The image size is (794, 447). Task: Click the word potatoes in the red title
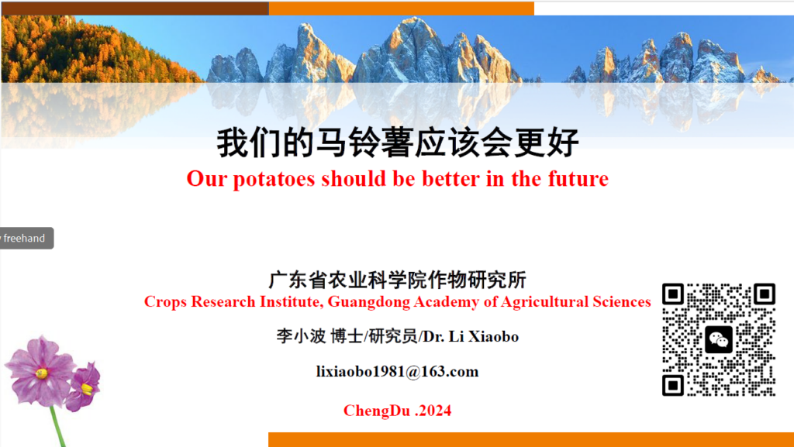[x=274, y=179]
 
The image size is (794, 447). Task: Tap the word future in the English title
[x=578, y=178]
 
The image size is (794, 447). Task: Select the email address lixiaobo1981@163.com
[x=398, y=372]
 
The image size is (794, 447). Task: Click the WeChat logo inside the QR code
[x=719, y=339]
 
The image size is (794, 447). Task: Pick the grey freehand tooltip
[x=26, y=238]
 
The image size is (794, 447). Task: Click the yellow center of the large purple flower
[x=42, y=373]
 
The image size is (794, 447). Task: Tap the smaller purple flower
[x=84, y=385]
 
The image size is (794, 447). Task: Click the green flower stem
[x=58, y=428]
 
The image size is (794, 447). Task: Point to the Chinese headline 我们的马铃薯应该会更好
[x=398, y=143]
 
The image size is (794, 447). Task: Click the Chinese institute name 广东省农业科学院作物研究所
[x=398, y=280]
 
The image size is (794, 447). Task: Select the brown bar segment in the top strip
[x=135, y=9]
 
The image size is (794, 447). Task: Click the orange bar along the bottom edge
[x=530, y=439]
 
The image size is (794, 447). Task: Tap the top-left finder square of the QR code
[x=673, y=294]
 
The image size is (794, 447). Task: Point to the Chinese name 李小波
[x=302, y=336]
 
